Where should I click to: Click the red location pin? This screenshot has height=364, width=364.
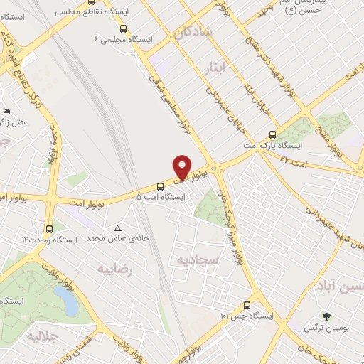point(183,166)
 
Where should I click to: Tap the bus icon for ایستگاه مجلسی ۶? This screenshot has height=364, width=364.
point(124,29)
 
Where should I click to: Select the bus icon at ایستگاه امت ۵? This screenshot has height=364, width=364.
point(160,186)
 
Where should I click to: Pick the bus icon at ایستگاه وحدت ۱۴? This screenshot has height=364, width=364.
point(49,229)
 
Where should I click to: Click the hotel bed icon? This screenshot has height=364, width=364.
point(6,111)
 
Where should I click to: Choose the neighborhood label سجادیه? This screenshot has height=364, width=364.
point(195,258)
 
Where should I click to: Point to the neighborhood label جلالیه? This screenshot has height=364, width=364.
point(41,335)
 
